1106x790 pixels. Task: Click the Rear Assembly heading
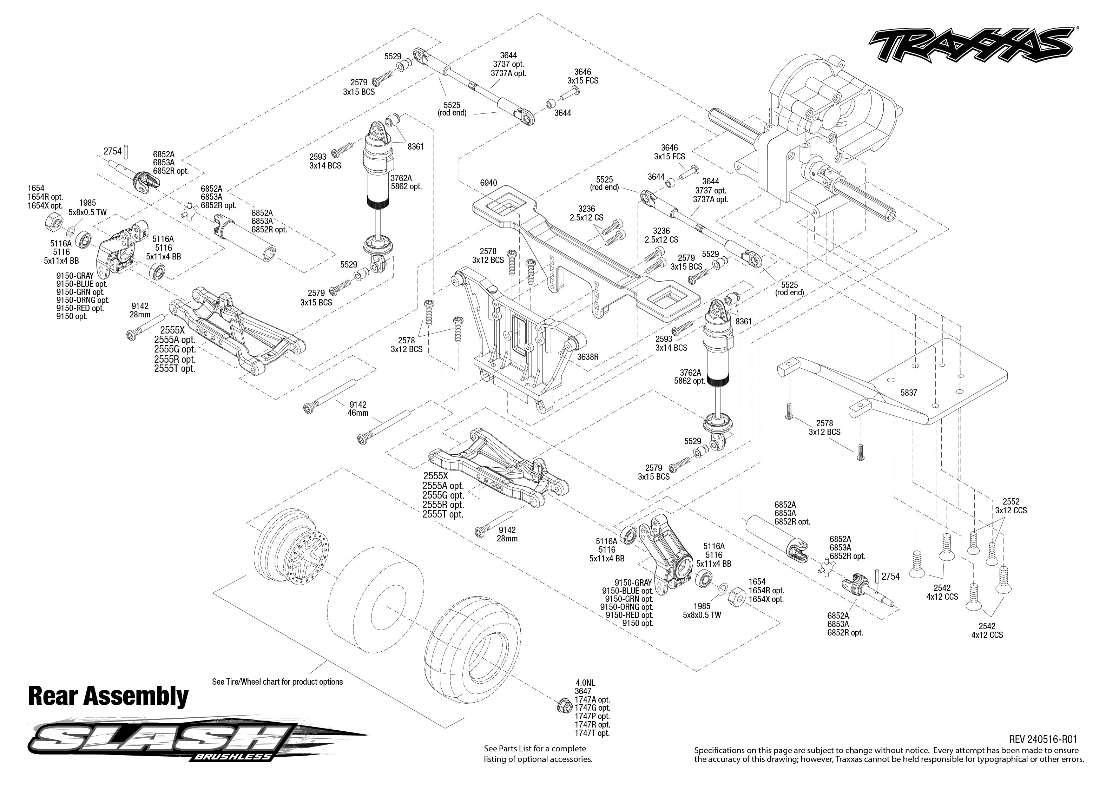(x=108, y=696)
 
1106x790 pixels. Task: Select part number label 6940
(x=488, y=183)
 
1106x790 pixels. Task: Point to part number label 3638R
(x=587, y=357)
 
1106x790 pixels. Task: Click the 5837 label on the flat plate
(x=909, y=393)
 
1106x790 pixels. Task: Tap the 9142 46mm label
(x=358, y=409)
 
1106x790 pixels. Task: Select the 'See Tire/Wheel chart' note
(x=277, y=682)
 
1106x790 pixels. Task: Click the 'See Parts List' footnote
(x=538, y=753)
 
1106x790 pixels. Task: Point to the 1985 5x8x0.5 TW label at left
(x=87, y=208)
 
